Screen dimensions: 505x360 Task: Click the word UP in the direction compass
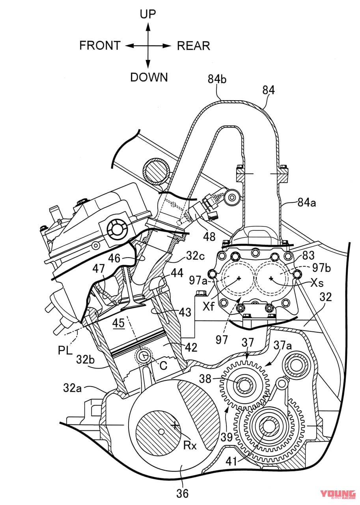click(x=148, y=15)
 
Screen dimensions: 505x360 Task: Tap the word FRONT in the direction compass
click(x=100, y=46)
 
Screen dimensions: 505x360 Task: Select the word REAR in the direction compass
click(x=193, y=46)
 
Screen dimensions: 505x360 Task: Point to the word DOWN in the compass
click(x=149, y=77)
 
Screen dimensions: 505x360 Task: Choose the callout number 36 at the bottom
click(x=183, y=493)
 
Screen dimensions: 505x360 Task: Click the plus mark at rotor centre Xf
click(x=238, y=279)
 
